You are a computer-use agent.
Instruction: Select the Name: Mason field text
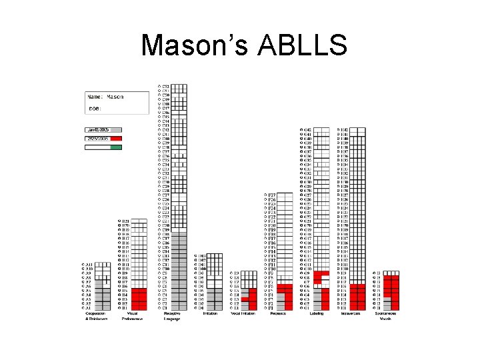107,97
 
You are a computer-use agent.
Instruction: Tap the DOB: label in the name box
95,108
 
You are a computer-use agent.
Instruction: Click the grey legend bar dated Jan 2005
103,129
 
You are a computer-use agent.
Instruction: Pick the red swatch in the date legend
103,139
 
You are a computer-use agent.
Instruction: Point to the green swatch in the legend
116,147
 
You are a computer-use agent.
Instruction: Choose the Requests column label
279,313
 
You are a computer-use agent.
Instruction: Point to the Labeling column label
316,313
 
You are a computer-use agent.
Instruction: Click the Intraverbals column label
353,313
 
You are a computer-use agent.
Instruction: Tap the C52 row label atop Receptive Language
164,87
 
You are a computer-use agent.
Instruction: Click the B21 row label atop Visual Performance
124,221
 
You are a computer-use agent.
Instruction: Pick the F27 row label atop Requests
271,195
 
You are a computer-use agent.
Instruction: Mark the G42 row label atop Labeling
306,130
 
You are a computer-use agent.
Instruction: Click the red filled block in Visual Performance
139,299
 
